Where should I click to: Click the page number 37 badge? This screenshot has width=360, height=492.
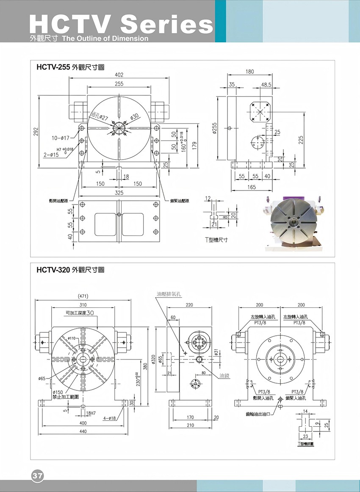pyautogui.click(x=37, y=475)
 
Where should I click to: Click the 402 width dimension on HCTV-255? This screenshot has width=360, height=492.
pyautogui.click(x=119, y=75)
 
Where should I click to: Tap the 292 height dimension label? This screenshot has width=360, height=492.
pyautogui.click(x=36, y=132)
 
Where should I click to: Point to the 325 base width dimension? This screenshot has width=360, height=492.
pyautogui.click(x=119, y=193)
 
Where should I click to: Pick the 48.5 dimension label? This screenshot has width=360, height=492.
pyautogui.click(x=266, y=85)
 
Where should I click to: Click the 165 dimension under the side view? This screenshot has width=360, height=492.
pyautogui.click(x=251, y=187)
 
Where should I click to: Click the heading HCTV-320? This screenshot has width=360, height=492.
pyautogui.click(x=53, y=270)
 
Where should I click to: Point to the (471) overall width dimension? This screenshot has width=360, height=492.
pyautogui.click(x=83, y=296)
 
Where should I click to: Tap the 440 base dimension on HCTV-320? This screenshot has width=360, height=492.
pyautogui.click(x=83, y=431)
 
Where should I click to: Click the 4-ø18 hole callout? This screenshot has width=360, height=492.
pyautogui.click(x=110, y=418)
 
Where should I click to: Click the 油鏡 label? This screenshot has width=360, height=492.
pyautogui.click(x=224, y=376)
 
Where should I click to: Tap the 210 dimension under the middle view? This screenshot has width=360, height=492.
pyautogui.click(x=190, y=425)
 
